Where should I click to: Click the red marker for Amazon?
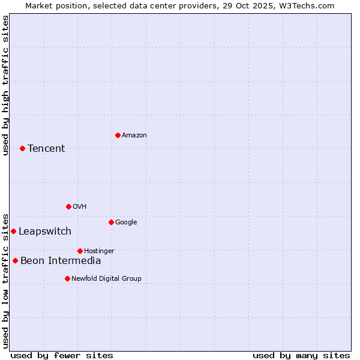(118, 135)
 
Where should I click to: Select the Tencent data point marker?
(22, 148)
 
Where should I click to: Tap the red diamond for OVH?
(68, 206)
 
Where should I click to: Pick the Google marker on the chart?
(111, 222)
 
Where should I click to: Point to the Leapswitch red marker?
(13, 231)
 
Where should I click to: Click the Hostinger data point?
(80, 251)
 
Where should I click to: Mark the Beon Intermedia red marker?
(15, 260)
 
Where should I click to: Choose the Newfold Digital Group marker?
(67, 278)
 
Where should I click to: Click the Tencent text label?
(46, 148)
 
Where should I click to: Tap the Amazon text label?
(134, 135)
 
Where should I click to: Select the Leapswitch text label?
(45, 231)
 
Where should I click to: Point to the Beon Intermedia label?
(61, 260)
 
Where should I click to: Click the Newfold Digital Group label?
(106, 278)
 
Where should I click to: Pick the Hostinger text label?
(99, 251)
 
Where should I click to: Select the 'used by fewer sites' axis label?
(62, 355)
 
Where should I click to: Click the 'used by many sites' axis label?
(301, 355)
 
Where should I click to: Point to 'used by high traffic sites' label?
(5, 85)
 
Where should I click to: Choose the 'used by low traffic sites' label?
(5, 280)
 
